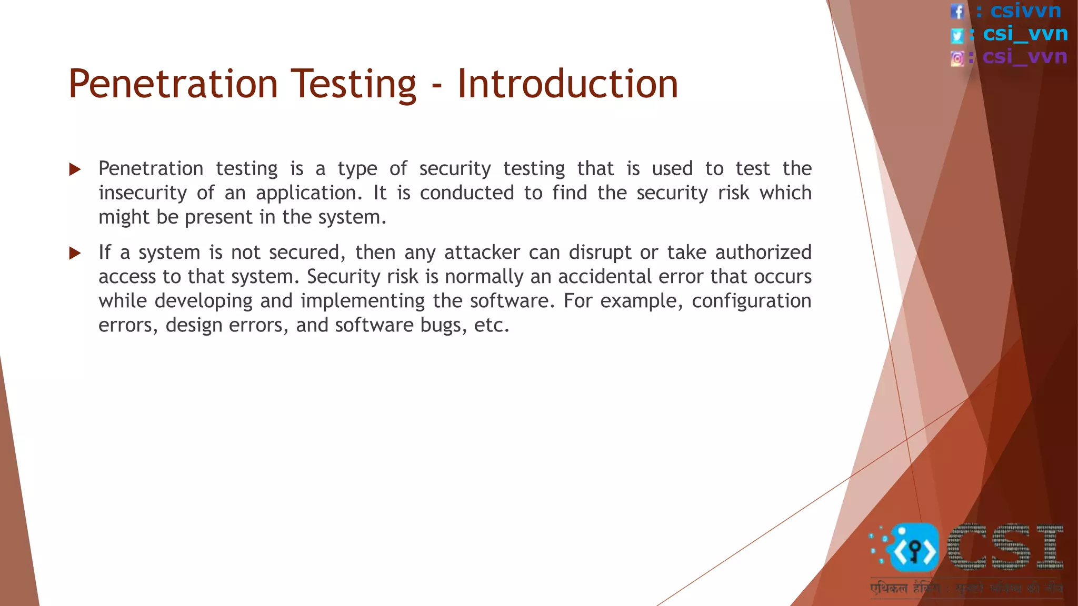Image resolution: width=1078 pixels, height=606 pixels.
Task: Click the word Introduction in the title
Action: click(x=567, y=84)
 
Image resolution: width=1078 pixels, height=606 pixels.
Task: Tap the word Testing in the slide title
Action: click(x=353, y=84)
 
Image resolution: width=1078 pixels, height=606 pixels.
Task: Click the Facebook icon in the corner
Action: click(x=957, y=11)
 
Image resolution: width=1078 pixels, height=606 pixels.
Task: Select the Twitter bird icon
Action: click(x=957, y=35)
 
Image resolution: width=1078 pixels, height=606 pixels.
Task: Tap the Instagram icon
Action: click(x=957, y=58)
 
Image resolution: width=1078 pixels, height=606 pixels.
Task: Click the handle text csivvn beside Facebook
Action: click(x=1025, y=11)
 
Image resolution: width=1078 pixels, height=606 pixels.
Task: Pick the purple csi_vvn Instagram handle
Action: click(x=1024, y=56)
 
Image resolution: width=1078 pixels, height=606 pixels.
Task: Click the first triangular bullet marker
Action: click(x=75, y=169)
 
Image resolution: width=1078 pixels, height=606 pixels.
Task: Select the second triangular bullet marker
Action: click(x=75, y=253)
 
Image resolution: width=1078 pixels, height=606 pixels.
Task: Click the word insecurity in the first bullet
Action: click(x=143, y=193)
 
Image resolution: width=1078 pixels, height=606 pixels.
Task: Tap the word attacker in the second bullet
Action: click(x=482, y=252)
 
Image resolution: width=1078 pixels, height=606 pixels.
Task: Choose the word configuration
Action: click(x=751, y=301)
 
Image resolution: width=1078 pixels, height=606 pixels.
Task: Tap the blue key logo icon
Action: click(x=914, y=549)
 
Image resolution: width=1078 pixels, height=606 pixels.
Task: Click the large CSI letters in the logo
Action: click(x=1005, y=547)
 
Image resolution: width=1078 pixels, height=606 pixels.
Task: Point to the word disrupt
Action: click(x=600, y=252)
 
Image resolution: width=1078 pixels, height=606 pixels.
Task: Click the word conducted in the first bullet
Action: click(x=466, y=193)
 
